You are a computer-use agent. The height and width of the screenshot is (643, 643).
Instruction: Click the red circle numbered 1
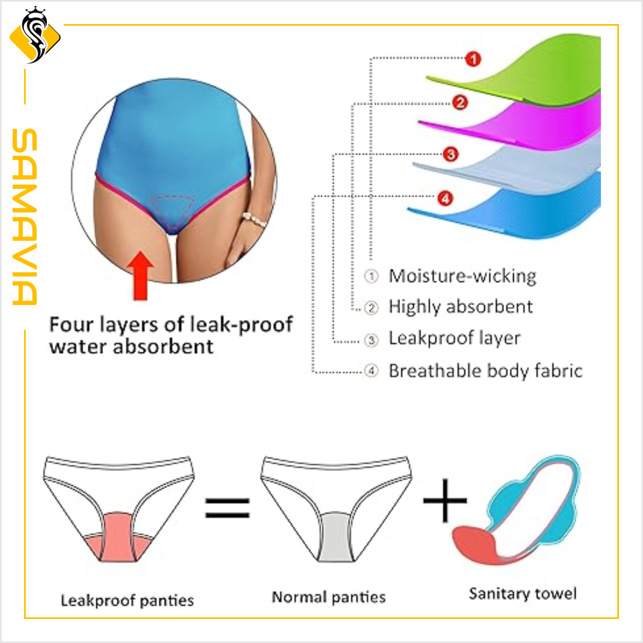pos(473,60)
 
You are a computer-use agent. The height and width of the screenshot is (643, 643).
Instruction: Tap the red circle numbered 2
pos(459,102)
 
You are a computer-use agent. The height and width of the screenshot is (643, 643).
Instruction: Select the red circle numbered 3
pos(451,155)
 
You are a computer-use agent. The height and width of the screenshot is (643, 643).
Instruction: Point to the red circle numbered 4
pos(445,198)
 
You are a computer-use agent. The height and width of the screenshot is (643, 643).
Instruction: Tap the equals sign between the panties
pos(227,506)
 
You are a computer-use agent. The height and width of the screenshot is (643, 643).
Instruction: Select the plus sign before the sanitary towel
pos(445,499)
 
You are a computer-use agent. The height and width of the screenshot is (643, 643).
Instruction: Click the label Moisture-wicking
pos(463,276)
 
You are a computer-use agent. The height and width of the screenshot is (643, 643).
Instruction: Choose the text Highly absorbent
pos(461,307)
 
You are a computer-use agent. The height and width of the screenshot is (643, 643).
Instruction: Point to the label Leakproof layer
pos(454,338)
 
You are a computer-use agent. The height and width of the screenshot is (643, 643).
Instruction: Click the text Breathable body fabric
pos(486,370)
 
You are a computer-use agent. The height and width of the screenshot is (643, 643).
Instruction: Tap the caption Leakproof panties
pos(127,599)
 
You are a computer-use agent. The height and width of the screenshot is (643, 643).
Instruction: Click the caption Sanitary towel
pos(522,593)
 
